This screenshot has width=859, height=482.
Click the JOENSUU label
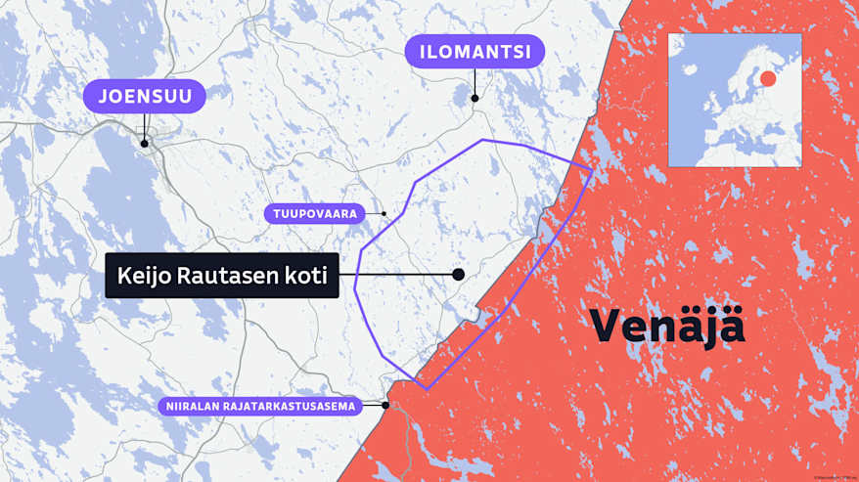click(144, 97)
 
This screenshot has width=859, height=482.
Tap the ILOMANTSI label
click(475, 52)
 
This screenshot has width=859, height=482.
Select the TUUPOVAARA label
click(314, 212)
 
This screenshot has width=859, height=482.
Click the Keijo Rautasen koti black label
click(222, 276)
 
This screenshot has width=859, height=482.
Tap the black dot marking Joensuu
click(145, 143)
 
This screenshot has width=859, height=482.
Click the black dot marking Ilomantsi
click(475, 98)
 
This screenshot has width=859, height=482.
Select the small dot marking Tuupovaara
click(384, 213)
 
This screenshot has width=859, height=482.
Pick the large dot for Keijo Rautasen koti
click(458, 275)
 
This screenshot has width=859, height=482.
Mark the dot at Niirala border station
click(386, 405)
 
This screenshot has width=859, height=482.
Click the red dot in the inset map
click(768, 78)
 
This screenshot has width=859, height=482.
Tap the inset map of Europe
click(734, 100)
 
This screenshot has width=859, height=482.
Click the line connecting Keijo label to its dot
click(396, 275)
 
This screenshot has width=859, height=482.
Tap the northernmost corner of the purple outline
click(483, 140)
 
